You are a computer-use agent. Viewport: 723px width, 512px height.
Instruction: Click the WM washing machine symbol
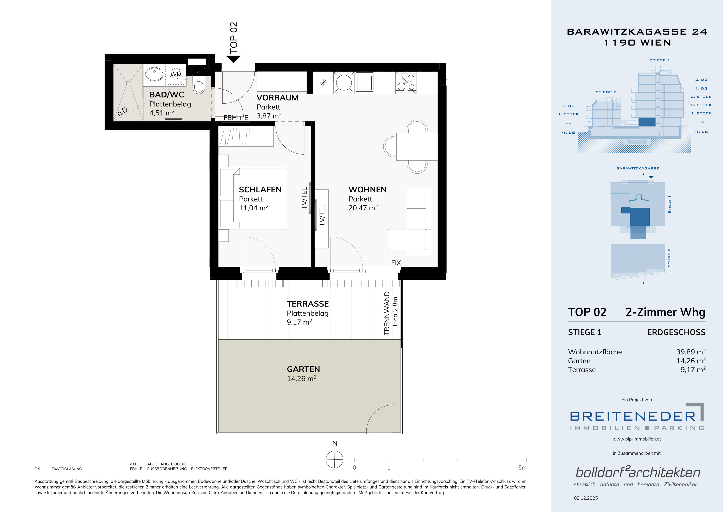[176, 74]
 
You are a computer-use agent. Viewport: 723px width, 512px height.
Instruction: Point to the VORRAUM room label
[277, 98]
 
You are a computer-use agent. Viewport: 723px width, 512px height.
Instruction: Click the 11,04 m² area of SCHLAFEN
[253, 208]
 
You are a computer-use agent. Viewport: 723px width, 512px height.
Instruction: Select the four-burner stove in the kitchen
[405, 83]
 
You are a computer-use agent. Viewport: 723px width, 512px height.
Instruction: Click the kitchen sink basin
[364, 82]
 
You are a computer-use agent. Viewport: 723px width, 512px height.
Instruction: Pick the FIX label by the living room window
[396, 263]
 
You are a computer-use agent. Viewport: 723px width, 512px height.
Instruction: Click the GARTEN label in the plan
[303, 369]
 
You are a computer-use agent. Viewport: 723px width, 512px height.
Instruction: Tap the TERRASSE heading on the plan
[308, 304]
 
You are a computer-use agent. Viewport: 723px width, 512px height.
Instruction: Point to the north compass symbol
[334, 459]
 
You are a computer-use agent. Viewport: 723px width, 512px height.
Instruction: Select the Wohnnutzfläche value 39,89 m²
[691, 352]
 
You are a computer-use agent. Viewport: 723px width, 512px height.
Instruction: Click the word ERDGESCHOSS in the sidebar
[676, 332]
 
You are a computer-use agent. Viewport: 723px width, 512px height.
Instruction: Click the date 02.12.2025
[586, 498]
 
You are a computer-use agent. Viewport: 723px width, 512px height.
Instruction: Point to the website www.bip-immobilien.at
[637, 439]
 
